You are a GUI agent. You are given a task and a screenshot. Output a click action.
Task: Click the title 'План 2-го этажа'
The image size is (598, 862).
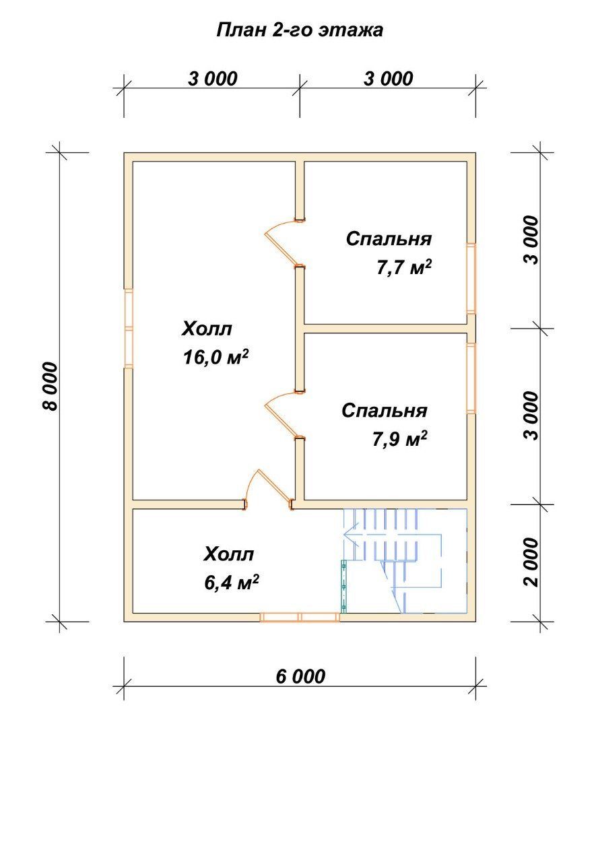point(300,30)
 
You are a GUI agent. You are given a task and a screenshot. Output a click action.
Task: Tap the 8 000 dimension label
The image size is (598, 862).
point(50,386)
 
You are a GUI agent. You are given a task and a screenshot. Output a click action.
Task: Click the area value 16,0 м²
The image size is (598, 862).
point(215,357)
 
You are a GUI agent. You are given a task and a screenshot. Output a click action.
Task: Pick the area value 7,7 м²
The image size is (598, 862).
point(403,267)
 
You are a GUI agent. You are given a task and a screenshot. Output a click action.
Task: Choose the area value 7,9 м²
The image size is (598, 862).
point(399,438)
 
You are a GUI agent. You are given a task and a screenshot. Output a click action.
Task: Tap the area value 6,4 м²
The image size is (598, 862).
point(231,583)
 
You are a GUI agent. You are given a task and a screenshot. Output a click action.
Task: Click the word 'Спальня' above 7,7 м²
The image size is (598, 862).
point(389,238)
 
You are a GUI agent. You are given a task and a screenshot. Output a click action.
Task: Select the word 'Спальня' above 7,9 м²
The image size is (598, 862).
point(384,410)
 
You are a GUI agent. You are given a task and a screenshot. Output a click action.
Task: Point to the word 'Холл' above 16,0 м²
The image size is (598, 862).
point(207,329)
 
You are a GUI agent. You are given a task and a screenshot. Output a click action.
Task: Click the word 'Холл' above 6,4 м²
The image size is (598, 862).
point(228,554)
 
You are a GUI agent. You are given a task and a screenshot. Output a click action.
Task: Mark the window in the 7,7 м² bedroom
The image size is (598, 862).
point(471,278)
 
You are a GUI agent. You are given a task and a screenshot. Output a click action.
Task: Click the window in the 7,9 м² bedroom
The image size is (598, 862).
point(471,378)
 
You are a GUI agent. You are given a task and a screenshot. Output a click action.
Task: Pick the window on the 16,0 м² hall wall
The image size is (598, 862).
point(129,328)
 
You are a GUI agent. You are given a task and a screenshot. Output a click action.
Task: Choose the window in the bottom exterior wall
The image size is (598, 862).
point(300,617)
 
